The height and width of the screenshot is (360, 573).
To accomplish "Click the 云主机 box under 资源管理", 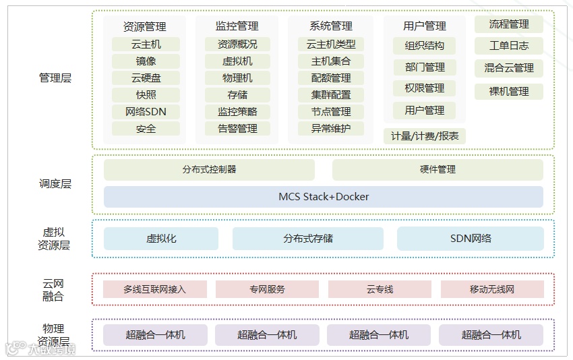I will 146,44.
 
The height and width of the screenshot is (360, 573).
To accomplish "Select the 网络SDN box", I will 146,112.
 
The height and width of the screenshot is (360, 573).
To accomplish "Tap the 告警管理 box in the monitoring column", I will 238,129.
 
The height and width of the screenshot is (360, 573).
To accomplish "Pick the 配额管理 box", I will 330,78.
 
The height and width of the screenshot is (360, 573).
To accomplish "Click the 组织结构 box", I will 425,46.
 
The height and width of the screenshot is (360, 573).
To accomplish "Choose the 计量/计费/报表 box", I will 425,136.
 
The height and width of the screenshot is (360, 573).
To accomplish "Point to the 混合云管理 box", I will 509,68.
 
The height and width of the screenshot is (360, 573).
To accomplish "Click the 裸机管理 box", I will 509,92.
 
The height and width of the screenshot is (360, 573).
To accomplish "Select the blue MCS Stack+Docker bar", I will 324,197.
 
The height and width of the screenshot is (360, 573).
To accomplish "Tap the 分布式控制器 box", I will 210,170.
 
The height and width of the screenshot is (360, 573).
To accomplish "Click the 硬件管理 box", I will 438,170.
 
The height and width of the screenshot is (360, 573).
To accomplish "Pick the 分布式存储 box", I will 308,239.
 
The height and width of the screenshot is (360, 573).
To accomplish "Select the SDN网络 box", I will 471,239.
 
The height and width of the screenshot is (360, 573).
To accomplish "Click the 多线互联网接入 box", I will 155,289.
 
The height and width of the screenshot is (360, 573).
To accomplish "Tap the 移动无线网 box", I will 492,289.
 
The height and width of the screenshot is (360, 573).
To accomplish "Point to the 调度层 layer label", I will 55,183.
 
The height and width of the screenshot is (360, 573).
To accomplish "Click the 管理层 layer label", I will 55,78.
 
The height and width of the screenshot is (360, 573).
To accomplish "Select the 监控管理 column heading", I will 237,26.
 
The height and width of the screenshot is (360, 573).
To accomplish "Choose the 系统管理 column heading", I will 330,26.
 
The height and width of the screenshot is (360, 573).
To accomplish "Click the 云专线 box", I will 380,289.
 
